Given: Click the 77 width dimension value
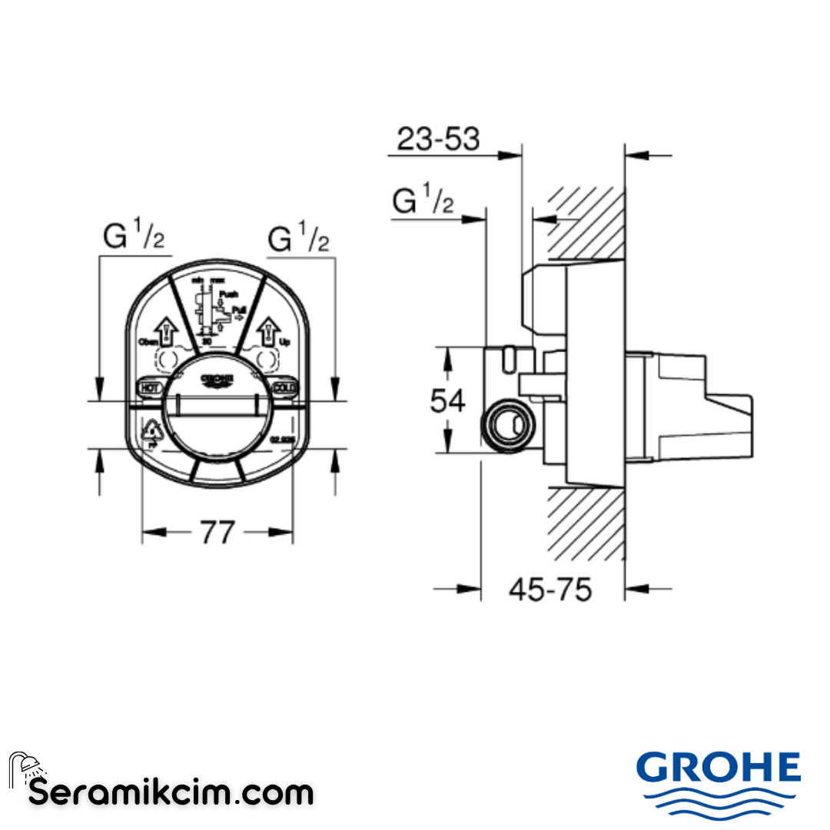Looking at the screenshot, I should (x=217, y=532).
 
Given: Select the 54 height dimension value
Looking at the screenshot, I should (x=447, y=400).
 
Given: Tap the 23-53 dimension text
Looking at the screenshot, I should (x=438, y=139).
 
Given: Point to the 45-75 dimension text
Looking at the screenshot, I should (x=550, y=589).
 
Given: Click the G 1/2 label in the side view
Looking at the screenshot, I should (x=423, y=202).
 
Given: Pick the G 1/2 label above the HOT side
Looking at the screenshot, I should (x=134, y=239).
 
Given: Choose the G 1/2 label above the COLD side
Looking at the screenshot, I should (x=298, y=239).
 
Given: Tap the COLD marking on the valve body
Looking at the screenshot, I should (x=284, y=387).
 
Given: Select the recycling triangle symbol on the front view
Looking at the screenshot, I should (x=152, y=434).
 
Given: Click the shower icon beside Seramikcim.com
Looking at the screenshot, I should (x=26, y=769).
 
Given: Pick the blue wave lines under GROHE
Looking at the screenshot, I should (x=718, y=802).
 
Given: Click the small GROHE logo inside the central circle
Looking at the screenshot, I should (x=217, y=380).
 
